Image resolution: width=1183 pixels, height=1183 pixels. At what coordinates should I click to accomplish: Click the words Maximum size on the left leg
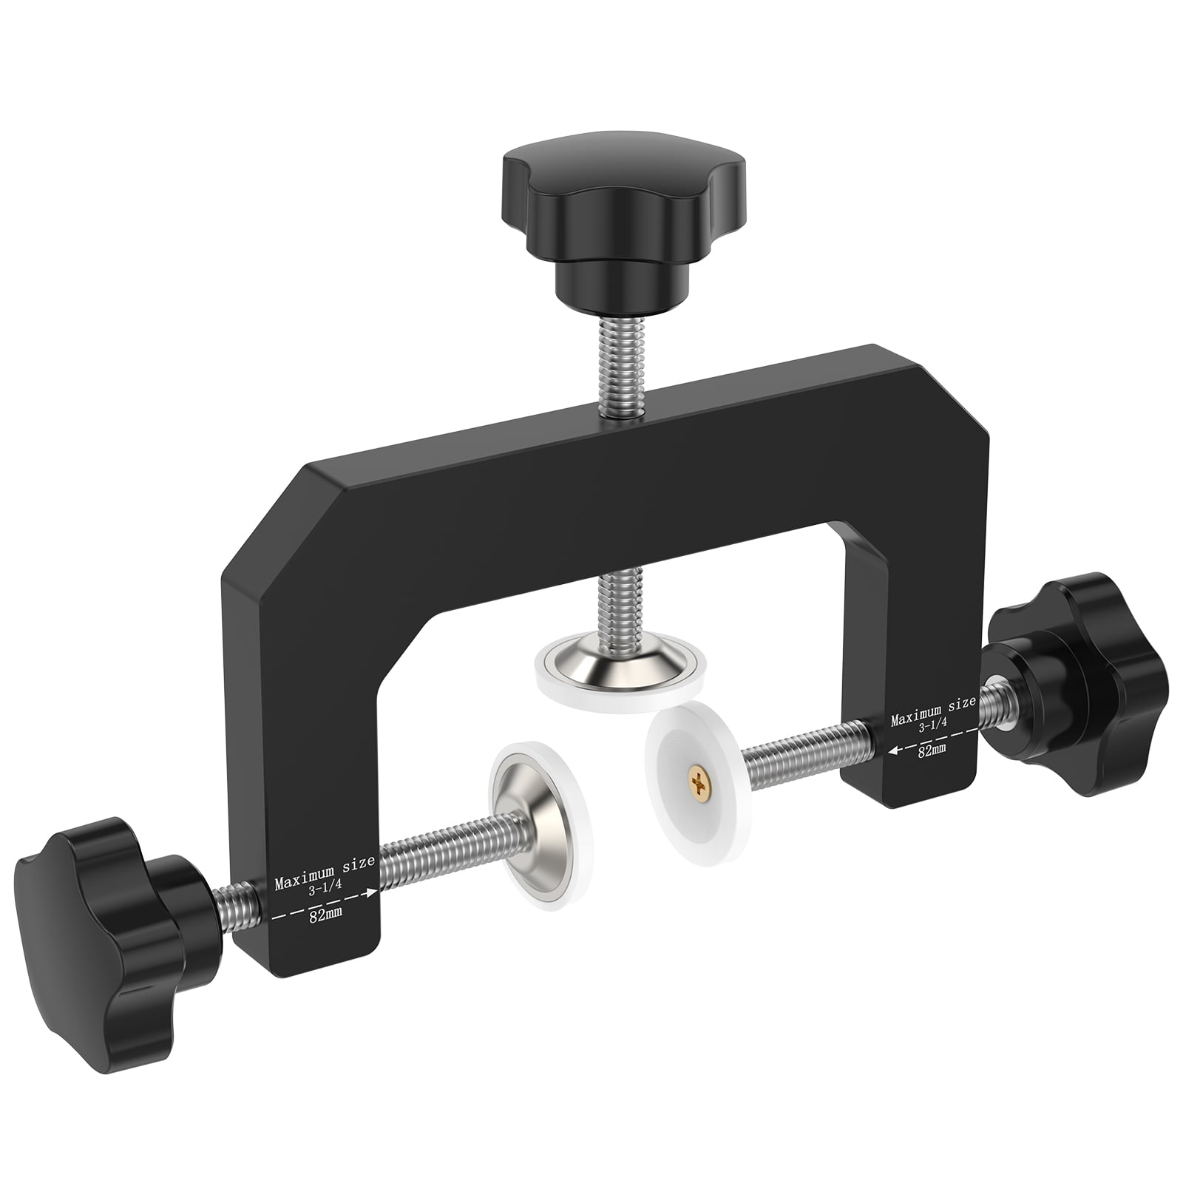pos(325,864)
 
